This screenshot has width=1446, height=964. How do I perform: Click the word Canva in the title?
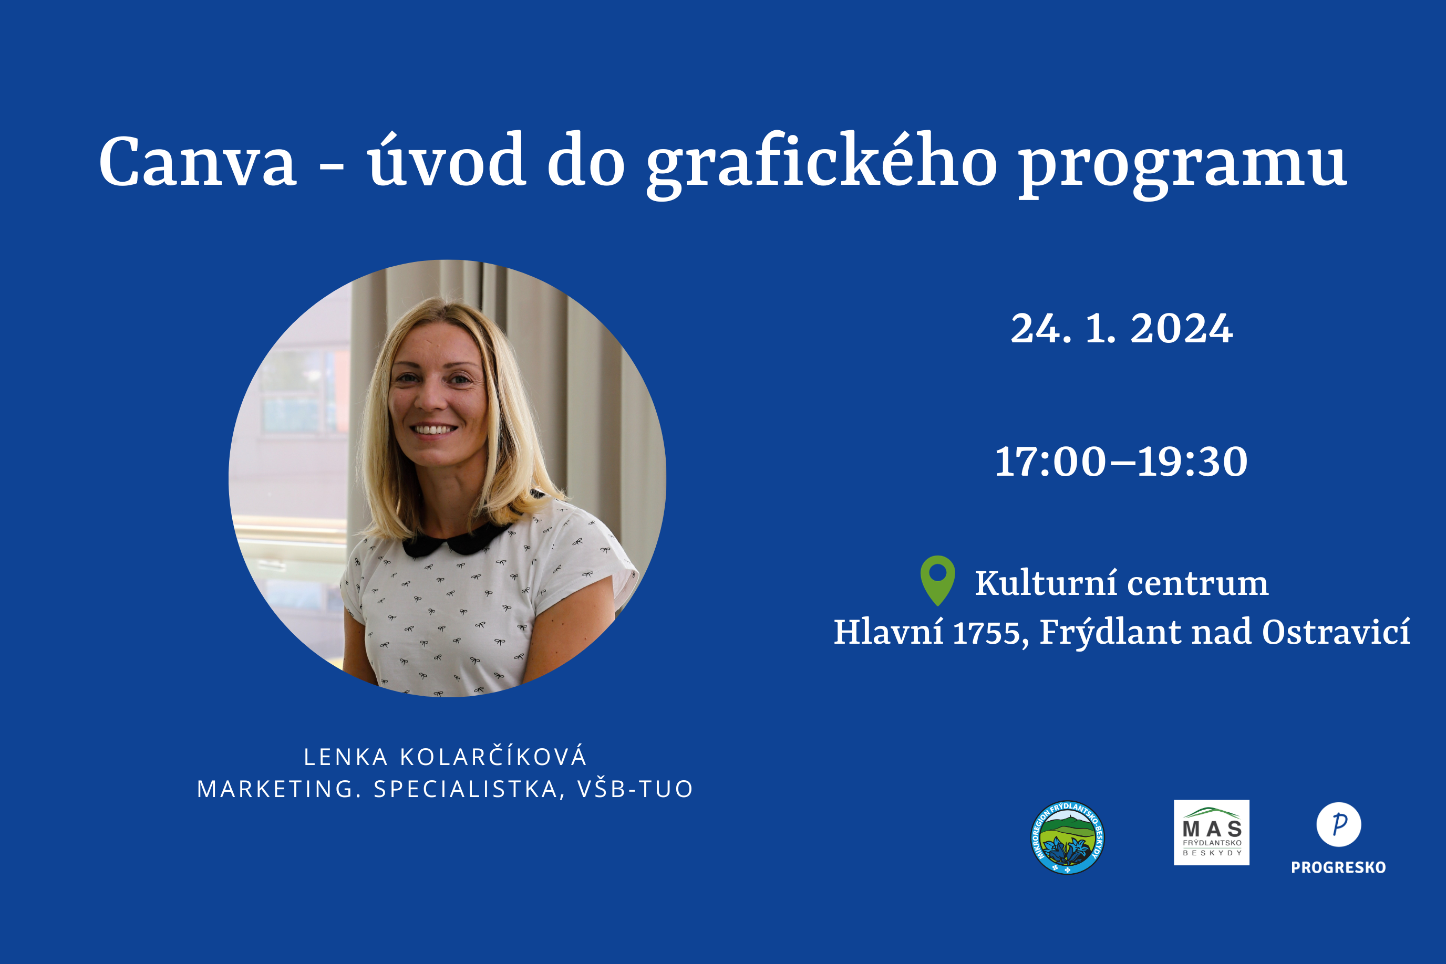coord(198,161)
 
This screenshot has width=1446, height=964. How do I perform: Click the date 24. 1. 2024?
coord(1122,328)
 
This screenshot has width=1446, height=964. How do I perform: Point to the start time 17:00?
coord(1050,462)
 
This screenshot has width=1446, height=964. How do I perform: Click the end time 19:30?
coord(1192,462)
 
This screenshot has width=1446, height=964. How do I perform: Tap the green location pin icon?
coord(937,580)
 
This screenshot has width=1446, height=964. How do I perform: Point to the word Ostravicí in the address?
coord(1336,632)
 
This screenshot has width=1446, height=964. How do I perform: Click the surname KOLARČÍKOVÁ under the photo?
coord(494,757)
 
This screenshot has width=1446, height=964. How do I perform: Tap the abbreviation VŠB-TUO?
coord(635,789)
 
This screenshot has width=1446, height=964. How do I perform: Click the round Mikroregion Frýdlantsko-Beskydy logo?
coord(1067,837)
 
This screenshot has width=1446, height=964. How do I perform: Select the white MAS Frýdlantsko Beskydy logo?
coord(1211,832)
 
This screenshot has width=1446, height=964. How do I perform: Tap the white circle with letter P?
coord(1338,824)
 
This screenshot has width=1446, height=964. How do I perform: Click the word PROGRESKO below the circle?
coord(1338,867)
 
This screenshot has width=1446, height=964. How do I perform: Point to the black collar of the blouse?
coord(458,540)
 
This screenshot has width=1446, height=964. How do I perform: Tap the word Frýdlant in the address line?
coord(1110,632)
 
